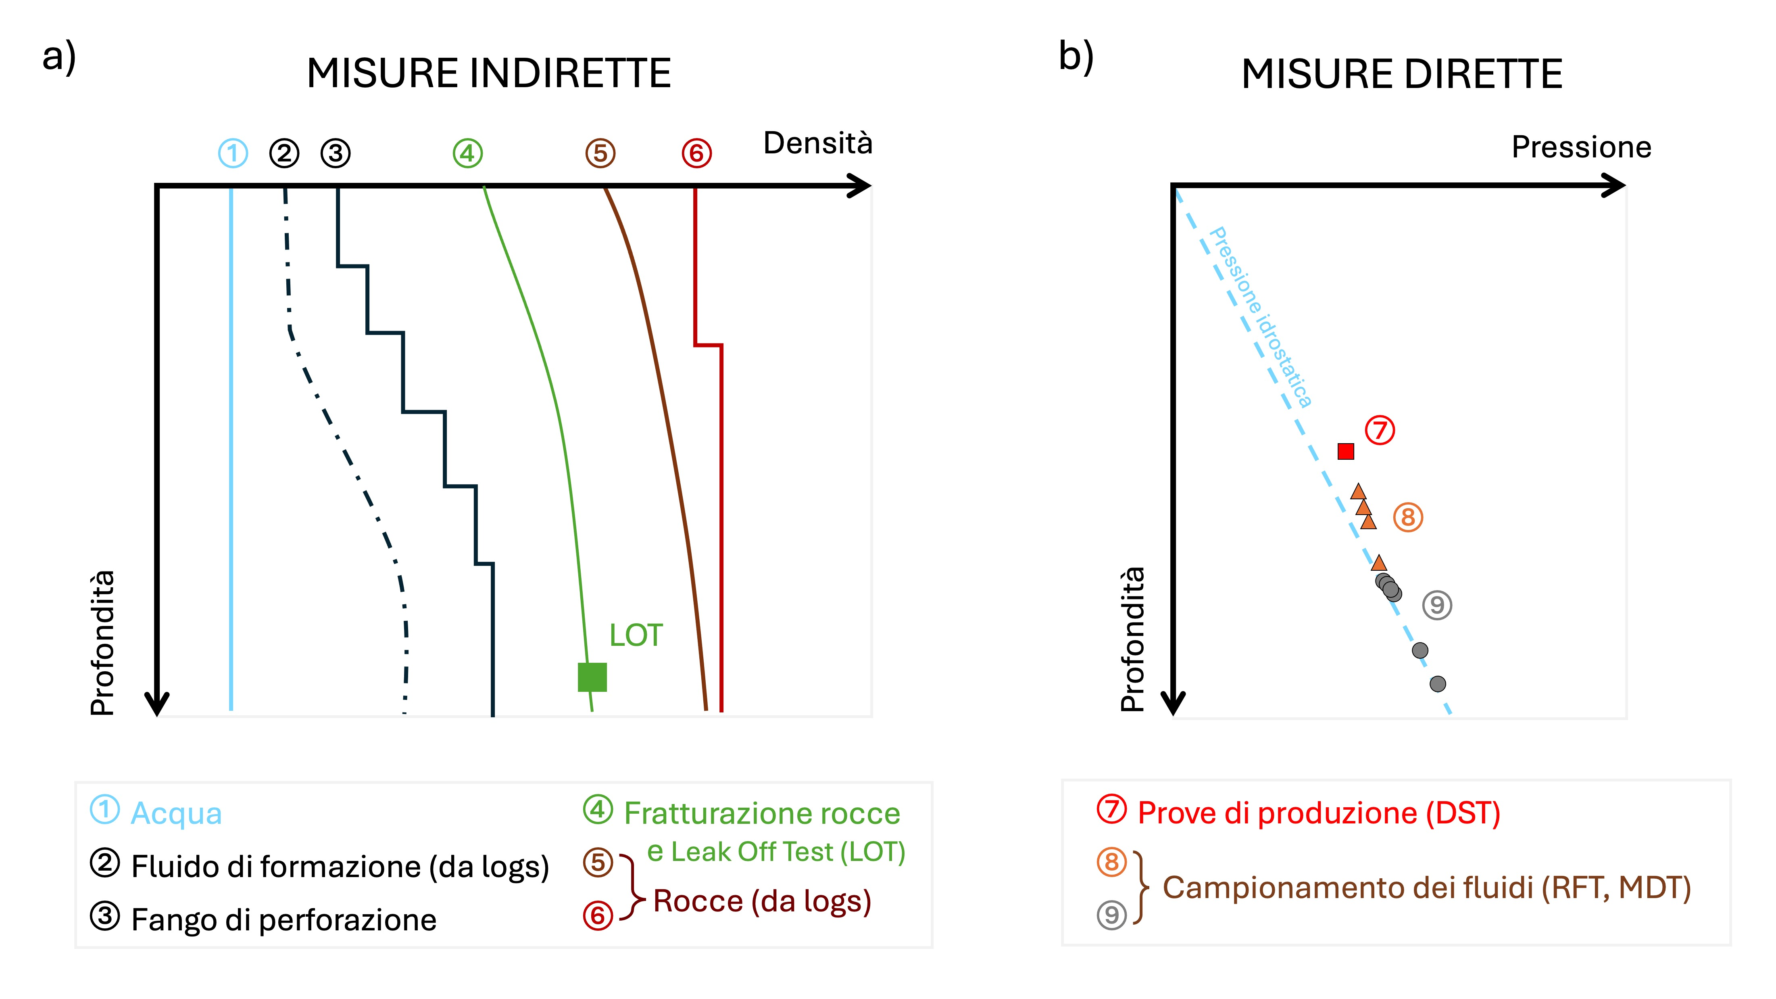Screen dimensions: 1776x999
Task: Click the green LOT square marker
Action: click(x=592, y=677)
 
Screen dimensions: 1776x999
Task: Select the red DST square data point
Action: click(x=1346, y=451)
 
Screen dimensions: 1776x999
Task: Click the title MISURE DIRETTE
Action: click(x=1402, y=74)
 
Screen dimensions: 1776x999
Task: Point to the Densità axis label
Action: click(x=818, y=144)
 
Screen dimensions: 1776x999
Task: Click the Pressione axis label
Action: click(x=1582, y=147)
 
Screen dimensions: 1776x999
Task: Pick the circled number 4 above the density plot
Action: click(x=467, y=153)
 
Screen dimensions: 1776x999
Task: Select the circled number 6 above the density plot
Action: click(x=696, y=153)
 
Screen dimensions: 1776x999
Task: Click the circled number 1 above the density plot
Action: click(x=233, y=153)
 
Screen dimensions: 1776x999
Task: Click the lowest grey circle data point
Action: click(x=1438, y=684)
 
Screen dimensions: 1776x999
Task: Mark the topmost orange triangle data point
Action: click(x=1358, y=492)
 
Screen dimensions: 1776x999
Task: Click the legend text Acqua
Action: click(x=177, y=813)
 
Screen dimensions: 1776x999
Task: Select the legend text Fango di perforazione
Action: click(x=284, y=919)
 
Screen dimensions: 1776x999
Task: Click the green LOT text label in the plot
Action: click(x=636, y=635)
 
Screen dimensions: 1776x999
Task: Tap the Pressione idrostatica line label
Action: click(x=1260, y=317)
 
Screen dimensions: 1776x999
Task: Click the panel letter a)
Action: click(x=59, y=57)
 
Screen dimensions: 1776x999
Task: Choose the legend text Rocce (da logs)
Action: click(x=762, y=901)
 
